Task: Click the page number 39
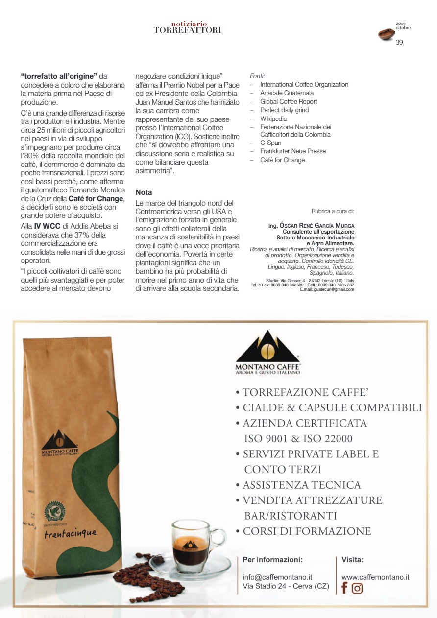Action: (399, 42)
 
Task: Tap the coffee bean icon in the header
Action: (387, 34)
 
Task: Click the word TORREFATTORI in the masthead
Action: (187, 30)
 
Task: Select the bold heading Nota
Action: (144, 192)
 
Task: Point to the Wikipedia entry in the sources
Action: (273, 119)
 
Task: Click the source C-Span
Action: (270, 143)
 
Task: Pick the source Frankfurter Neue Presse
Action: (293, 151)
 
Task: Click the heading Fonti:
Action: (257, 76)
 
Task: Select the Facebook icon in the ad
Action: (344, 588)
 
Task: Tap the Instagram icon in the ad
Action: (357, 588)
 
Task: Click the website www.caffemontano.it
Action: (375, 577)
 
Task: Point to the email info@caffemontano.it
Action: (277, 577)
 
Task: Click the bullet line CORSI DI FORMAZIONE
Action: (307, 531)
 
